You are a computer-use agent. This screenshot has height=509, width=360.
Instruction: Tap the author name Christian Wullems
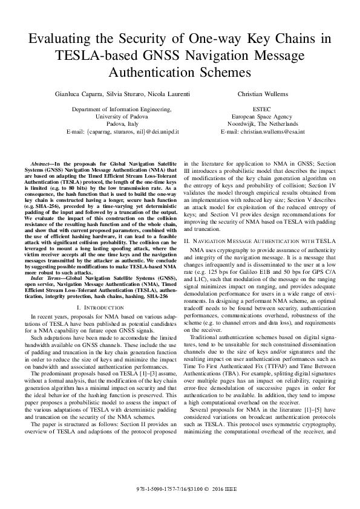[263, 94]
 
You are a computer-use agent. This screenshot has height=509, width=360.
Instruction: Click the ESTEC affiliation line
[263, 109]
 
